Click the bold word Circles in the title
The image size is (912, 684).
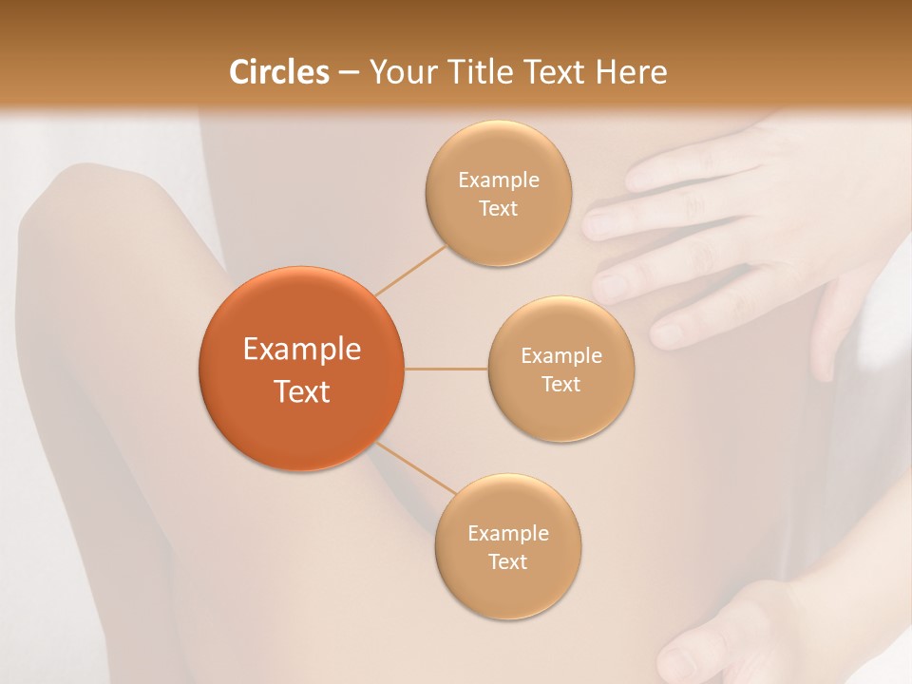click(x=278, y=72)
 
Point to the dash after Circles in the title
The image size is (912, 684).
click(x=349, y=73)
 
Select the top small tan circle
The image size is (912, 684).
click(x=499, y=237)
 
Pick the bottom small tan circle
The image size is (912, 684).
click(x=508, y=589)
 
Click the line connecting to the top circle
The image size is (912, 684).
click(x=411, y=270)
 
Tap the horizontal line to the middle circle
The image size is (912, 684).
click(x=446, y=369)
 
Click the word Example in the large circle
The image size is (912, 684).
click(x=302, y=350)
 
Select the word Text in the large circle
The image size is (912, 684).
click(x=302, y=391)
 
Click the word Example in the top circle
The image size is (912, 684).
click(x=499, y=180)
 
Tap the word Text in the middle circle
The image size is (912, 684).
click(x=560, y=384)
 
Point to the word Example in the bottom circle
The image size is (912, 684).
click(x=508, y=533)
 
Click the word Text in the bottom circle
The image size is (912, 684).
click(x=507, y=561)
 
